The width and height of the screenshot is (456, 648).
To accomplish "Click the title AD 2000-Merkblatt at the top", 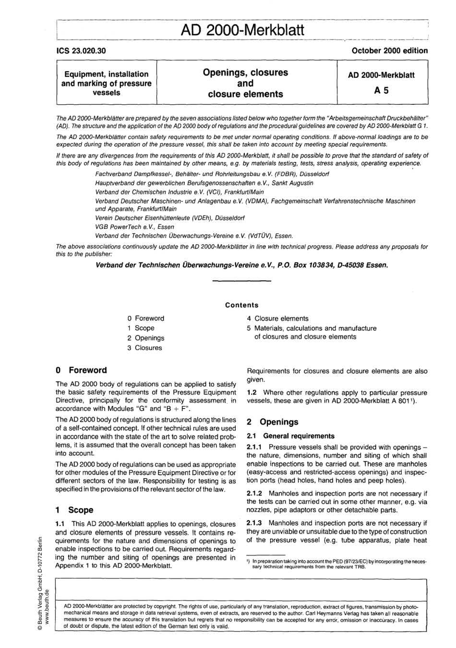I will tap(242, 30).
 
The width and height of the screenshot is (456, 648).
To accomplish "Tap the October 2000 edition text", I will tap(389, 50).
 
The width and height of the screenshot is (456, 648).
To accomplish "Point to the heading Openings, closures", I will tap(245, 73).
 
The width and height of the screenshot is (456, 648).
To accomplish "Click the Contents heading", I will tap(241, 305).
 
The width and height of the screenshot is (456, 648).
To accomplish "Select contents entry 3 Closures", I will tap(144, 348).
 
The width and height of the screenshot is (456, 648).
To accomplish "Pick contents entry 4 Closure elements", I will tap(277, 319).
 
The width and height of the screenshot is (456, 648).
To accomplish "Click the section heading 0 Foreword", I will tap(81, 371).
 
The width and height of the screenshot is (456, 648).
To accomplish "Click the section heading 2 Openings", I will tap(272, 422).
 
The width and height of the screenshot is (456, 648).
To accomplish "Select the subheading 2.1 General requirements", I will tap(290, 436).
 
